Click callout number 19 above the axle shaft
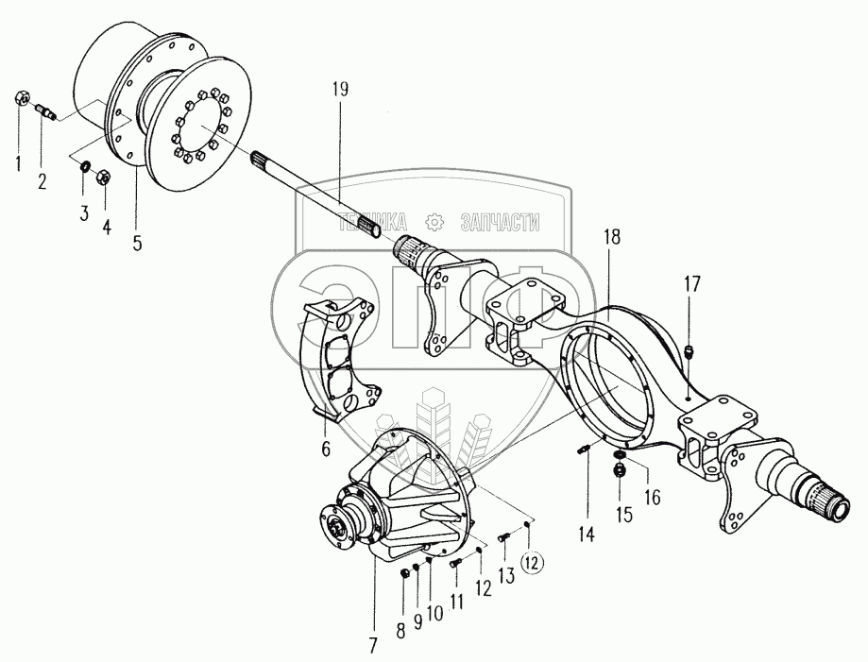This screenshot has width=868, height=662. click(340, 91)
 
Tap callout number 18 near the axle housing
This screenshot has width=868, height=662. click(611, 237)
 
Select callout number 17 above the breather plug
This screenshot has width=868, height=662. click(693, 282)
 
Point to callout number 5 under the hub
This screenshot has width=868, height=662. click(137, 243)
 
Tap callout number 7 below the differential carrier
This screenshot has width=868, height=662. click(373, 646)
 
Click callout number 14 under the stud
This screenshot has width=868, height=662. click(587, 535)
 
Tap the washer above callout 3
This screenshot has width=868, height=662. click(85, 168)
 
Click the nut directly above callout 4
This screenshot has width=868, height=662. click(105, 175)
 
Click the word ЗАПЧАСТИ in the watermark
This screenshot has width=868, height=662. click(500, 223)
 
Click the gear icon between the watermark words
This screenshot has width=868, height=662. click(435, 222)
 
